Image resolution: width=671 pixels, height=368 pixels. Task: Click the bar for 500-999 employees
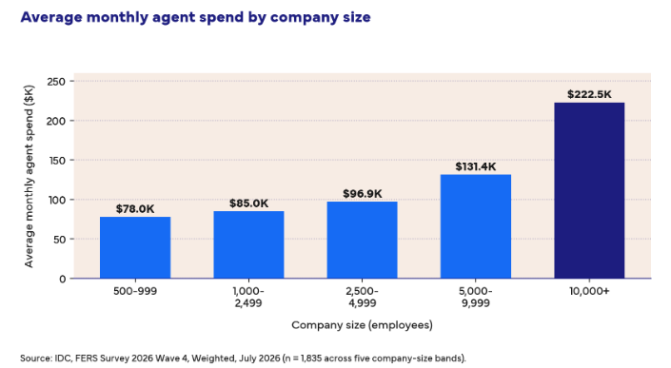[x=135, y=247]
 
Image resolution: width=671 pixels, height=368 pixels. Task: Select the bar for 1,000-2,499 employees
[x=248, y=244]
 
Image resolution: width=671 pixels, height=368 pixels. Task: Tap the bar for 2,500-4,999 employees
[x=362, y=240]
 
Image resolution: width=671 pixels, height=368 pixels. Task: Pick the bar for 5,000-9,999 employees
[x=476, y=226]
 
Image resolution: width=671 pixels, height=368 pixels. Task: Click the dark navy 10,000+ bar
[x=589, y=190]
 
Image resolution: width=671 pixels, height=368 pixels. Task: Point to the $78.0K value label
[x=135, y=209]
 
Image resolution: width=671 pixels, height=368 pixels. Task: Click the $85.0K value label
[x=248, y=203]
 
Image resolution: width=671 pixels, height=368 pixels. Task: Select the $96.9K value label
[x=362, y=194]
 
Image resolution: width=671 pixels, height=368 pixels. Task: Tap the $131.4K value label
[x=476, y=166]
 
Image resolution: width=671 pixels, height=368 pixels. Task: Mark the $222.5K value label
[x=589, y=94]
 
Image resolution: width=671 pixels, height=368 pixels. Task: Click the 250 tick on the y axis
[x=57, y=81]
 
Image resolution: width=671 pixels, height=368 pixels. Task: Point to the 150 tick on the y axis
[x=57, y=161]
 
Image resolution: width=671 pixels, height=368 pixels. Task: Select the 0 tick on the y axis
[x=63, y=279]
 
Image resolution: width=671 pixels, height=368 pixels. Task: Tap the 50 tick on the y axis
[x=59, y=240]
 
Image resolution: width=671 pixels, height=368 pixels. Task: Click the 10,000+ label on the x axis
[x=589, y=292]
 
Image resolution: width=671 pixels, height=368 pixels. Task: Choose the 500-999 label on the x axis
[x=135, y=292]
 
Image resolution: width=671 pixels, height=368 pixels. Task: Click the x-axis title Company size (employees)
[x=362, y=325]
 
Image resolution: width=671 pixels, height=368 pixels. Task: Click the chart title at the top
[x=195, y=17]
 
